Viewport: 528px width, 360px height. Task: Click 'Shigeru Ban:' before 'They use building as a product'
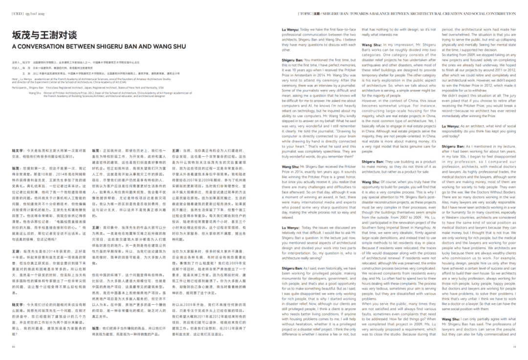coord(373,161)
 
